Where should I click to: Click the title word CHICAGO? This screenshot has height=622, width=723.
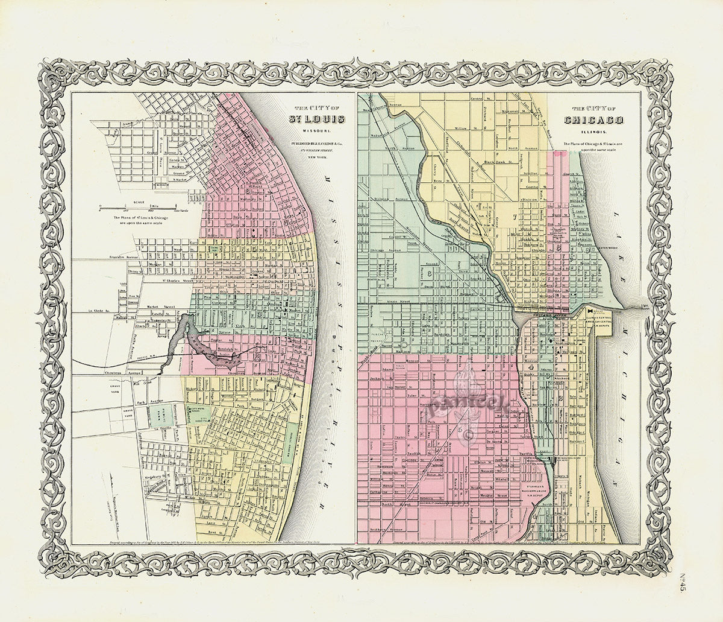point(593,120)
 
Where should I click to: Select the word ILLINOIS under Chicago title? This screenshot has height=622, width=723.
point(594,131)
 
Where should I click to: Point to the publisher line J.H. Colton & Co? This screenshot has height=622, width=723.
point(318,144)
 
